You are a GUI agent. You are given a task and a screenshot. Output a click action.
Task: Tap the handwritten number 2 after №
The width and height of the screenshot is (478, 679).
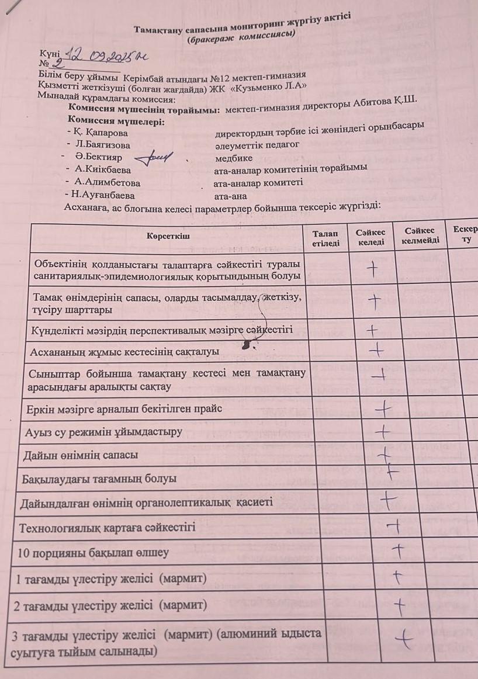pyautogui.click(x=57, y=65)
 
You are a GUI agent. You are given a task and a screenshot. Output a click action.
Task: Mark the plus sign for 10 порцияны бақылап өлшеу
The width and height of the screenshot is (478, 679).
pyautogui.click(x=398, y=550)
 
